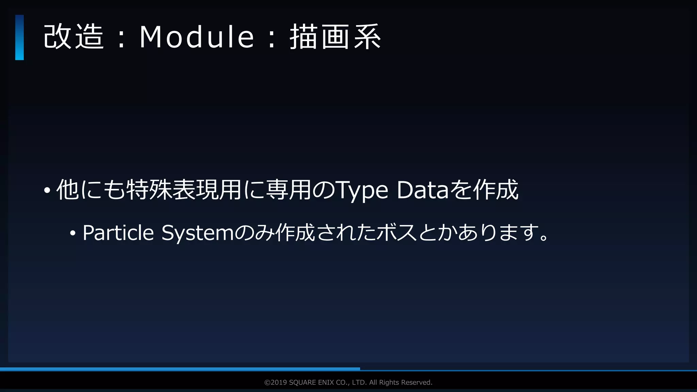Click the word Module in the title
tap(197, 37)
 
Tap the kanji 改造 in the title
tap(74, 37)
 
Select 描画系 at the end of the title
tap(335, 37)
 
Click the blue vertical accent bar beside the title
tap(19, 37)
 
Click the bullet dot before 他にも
tap(47, 190)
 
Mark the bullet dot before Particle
tap(72, 233)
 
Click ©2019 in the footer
tap(276, 382)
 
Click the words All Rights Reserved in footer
tap(401, 382)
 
